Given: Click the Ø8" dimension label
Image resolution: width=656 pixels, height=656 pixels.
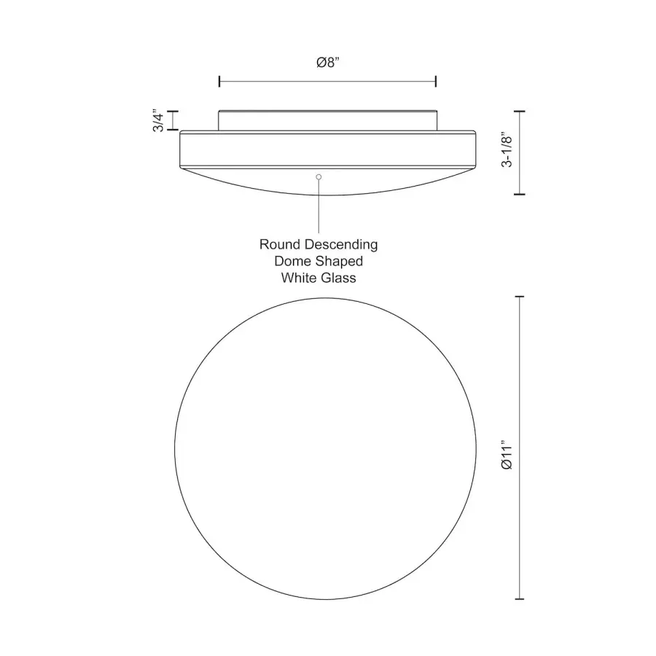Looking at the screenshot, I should (328, 63).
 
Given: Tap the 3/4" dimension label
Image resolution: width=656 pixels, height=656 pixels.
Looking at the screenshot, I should (158, 121).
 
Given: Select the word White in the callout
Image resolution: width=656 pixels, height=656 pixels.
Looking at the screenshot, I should (298, 278).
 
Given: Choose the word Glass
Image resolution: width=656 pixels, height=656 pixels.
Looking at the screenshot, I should (338, 278).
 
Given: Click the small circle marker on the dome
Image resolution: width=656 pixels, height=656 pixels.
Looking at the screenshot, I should (319, 176).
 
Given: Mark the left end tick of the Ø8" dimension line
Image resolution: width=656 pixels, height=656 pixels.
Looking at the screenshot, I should (219, 81).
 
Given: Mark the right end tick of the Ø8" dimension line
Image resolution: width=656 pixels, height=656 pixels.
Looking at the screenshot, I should (435, 81).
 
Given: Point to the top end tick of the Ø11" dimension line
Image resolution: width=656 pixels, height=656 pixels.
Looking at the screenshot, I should (520, 297).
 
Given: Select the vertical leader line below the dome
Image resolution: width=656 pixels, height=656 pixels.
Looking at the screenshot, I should (319, 208).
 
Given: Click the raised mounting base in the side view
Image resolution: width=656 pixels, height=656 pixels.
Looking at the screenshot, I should (328, 120).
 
